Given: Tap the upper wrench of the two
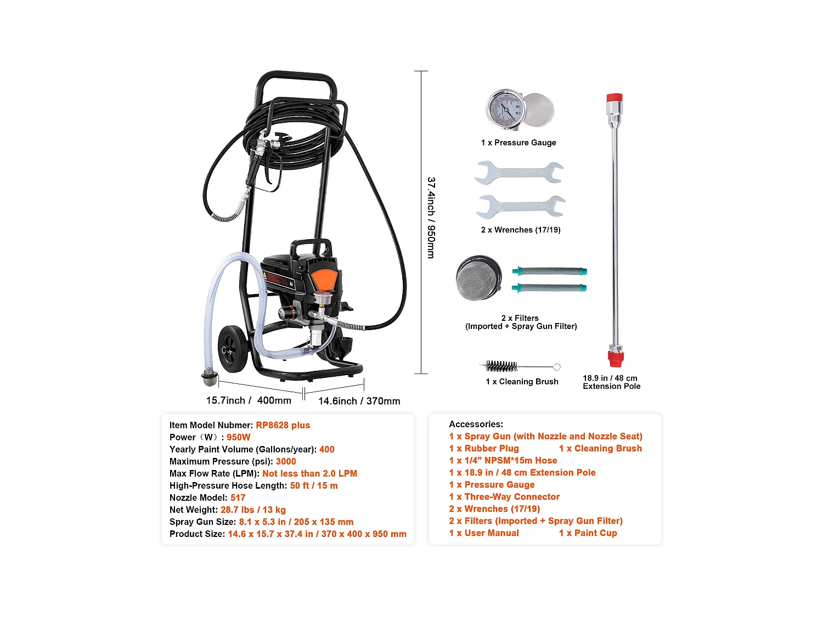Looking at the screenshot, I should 519,172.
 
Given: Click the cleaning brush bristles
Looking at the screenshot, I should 501,366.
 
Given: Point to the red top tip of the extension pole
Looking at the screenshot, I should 614,98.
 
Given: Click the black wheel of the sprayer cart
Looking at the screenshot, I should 233,349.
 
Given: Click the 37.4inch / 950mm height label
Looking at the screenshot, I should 431,218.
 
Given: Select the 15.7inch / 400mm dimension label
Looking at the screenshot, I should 249,400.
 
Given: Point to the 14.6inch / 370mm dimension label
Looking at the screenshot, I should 359,401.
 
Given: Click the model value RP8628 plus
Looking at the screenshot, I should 283,425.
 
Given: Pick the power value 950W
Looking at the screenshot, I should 238,437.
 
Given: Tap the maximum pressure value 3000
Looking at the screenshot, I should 286,461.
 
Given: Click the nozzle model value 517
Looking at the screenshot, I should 238,497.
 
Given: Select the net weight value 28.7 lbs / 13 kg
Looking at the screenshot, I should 253,510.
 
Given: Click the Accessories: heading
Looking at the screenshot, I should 476,424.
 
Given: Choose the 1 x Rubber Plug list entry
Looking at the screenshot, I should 483,448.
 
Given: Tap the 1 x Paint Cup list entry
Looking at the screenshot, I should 588,533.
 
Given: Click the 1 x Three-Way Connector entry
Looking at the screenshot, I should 504,496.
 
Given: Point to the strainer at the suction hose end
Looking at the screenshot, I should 210,378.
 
